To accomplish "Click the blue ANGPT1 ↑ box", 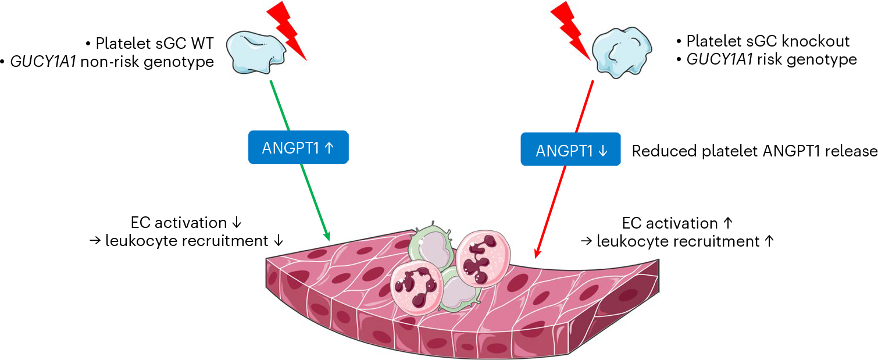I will click(298, 147).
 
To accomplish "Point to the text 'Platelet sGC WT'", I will click(155, 43).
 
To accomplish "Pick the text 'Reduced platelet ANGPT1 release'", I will click(754, 151).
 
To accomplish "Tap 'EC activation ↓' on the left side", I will click(185, 223).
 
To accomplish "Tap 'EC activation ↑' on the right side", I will click(677, 223).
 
